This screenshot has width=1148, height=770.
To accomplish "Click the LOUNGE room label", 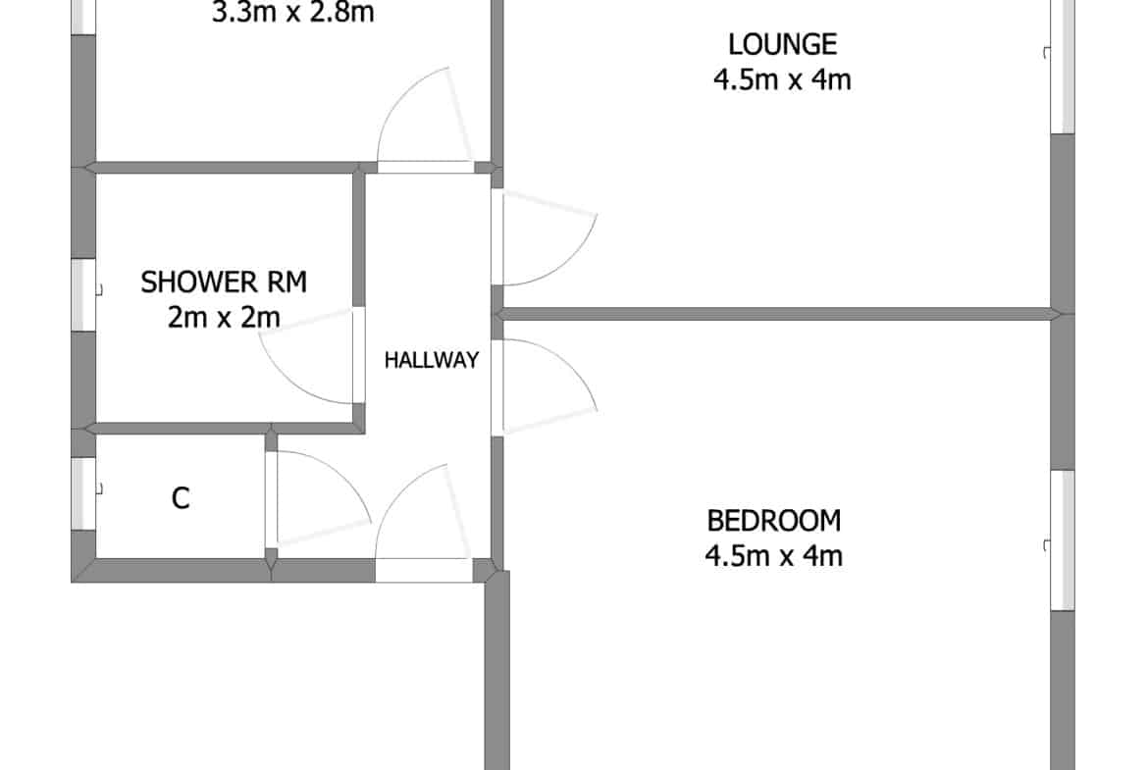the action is point(782,45).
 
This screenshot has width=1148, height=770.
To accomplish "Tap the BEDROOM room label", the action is point(774,521).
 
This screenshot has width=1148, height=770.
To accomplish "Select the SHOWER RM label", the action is point(224,282).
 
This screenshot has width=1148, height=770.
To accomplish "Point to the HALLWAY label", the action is point(431,360).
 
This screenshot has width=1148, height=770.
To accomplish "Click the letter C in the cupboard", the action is point(181,498).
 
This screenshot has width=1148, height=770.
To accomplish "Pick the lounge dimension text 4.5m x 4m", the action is point(782,79).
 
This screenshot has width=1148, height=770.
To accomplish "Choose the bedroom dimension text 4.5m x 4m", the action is point(774,555).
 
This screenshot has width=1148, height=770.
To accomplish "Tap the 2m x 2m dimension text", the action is point(224,318).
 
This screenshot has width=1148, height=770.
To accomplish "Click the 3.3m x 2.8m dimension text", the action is point(292,13).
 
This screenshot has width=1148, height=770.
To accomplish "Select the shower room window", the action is point(83,295).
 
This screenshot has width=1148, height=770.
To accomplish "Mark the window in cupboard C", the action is point(83,493).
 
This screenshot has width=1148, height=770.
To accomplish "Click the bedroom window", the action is point(1063,540).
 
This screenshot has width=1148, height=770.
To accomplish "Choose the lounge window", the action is point(1063,66).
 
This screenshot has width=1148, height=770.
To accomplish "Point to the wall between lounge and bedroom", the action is point(776,315).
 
